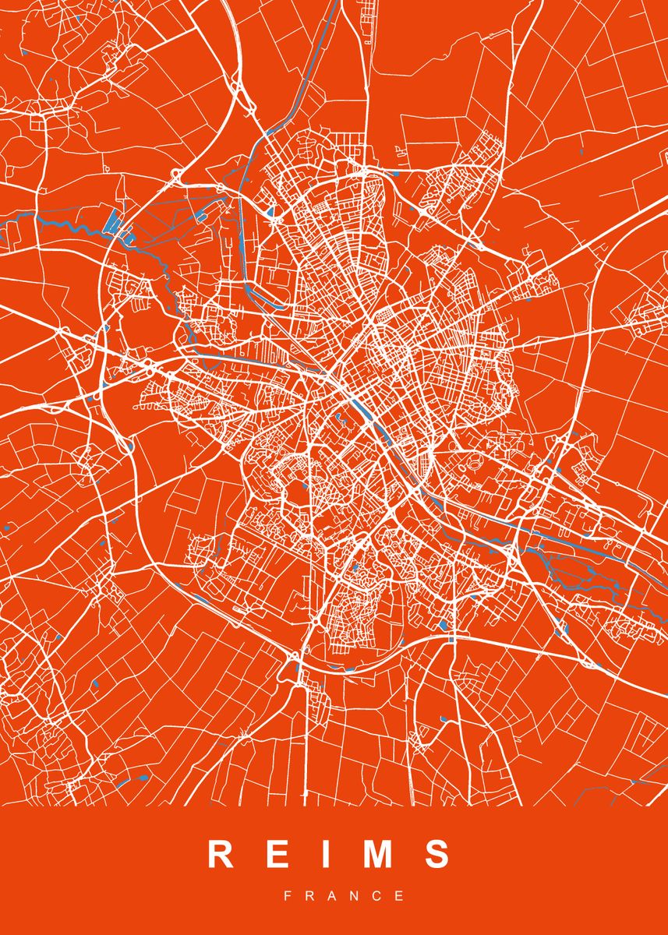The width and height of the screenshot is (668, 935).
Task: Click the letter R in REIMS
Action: pyautogui.click(x=221, y=855)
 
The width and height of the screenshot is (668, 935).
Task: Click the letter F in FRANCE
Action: pyautogui.click(x=288, y=897)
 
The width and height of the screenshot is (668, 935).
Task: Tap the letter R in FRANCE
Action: pyautogui.click(x=310, y=897)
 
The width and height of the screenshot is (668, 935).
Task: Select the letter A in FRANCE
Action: pyautogui.click(x=333, y=897)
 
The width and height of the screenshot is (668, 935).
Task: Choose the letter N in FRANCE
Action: pyautogui.click(x=356, y=897)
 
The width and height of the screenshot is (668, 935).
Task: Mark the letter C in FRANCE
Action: pyautogui.click(x=379, y=897)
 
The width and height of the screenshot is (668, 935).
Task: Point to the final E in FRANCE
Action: pyautogui.click(x=401, y=897)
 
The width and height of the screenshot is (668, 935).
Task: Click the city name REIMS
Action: pyautogui.click(x=329, y=855)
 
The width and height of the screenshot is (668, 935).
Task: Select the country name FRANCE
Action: pyautogui.click(x=344, y=897)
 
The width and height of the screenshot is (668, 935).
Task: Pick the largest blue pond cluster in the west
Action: pyautogui.click(x=117, y=223)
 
